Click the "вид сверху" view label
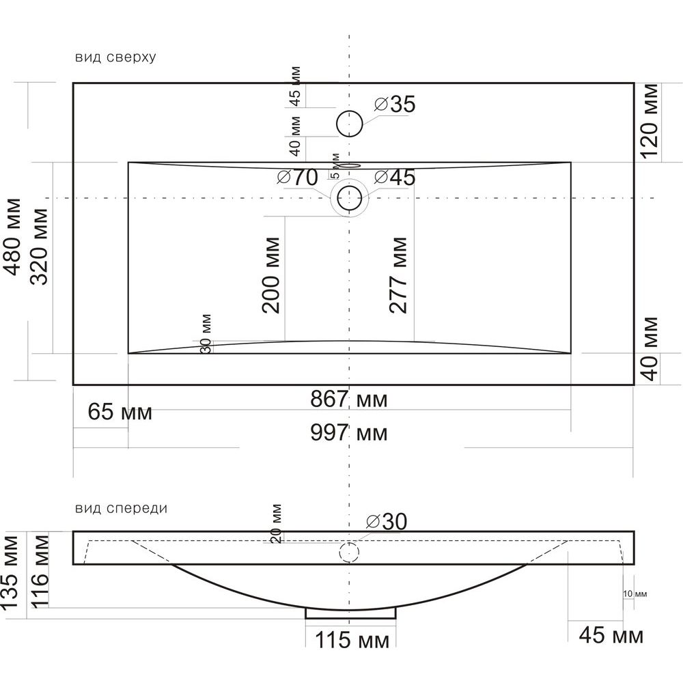(115, 57)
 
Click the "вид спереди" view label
(121, 508)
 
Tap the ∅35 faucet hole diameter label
(395, 104)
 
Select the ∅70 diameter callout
(298, 178)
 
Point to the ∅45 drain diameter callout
(395, 178)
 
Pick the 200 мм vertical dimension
(271, 275)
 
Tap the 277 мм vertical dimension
(398, 275)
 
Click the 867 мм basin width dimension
(348, 399)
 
